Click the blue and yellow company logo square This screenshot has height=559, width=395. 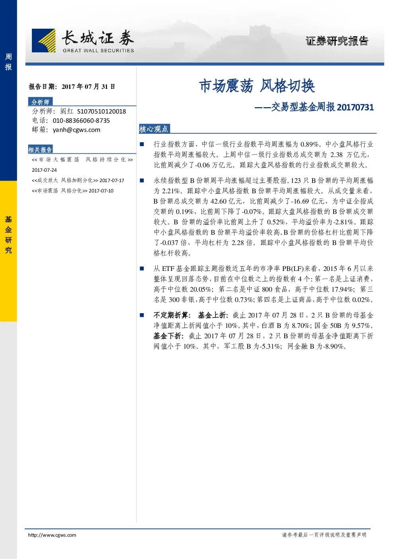coord(44,40)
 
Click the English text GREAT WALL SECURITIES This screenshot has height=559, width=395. coord(98,51)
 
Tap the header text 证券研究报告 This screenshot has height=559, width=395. coord(337,41)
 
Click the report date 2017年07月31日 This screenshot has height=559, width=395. coord(88,86)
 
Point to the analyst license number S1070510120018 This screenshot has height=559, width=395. coord(102,111)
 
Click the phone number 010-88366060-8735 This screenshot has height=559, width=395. coord(81,121)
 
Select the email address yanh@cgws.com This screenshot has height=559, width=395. coord(76,130)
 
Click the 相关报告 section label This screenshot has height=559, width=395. coord(40,149)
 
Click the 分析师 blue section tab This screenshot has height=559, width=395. coord(40,102)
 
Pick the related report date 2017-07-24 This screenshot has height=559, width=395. coord(44,170)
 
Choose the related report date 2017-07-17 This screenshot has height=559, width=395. coord(112,180)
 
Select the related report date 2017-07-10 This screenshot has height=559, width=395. coord(101,191)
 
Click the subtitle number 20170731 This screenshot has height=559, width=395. coord(355,107)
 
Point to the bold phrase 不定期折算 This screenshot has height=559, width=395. coord(170,315)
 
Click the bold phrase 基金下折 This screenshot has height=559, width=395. coord(167,336)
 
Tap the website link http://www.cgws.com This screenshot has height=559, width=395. coord(52,535)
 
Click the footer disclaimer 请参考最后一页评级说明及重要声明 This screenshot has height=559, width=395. coord(324,535)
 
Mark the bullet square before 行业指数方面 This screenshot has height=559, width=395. coord(142,144)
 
